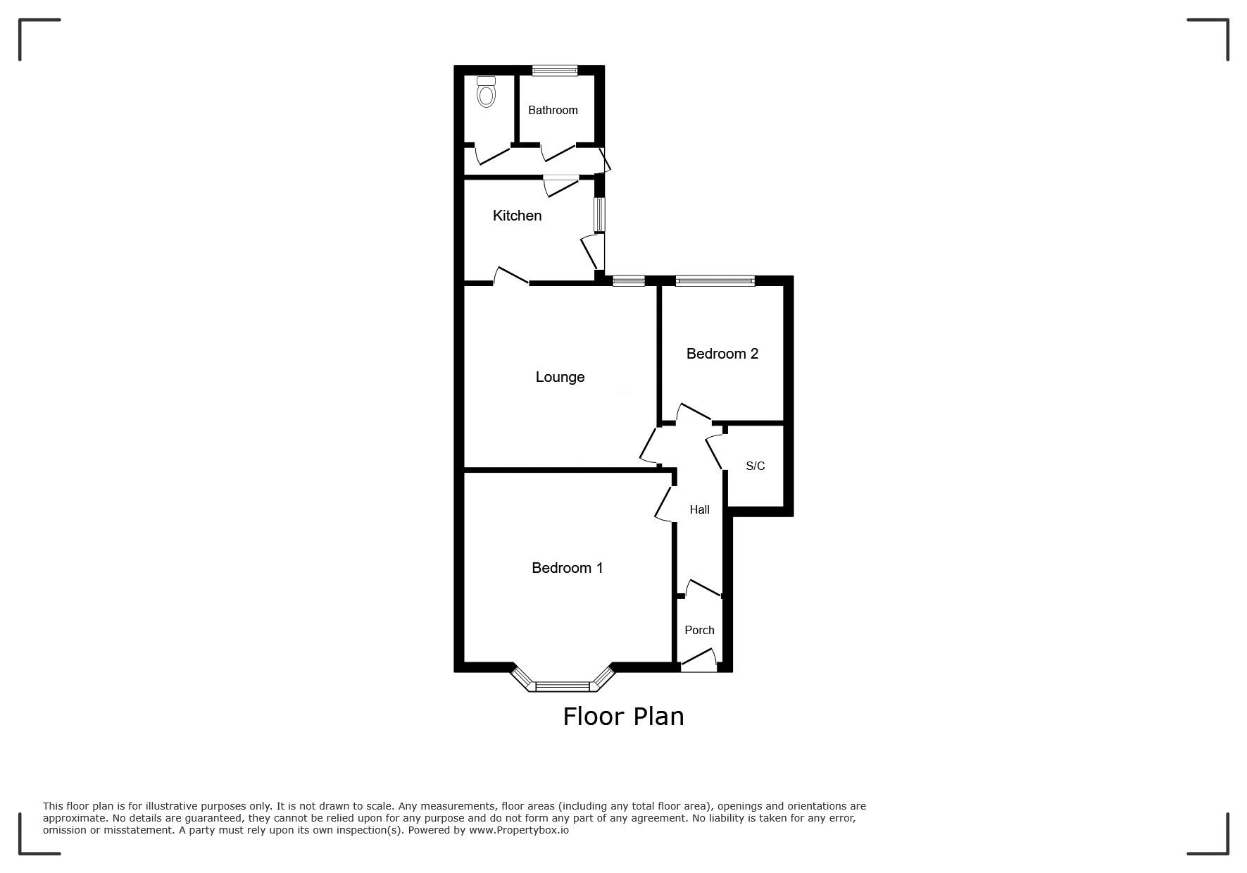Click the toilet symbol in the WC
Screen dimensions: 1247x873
click(486, 92)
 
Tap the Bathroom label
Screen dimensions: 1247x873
click(553, 110)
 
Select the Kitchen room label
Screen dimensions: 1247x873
click(517, 216)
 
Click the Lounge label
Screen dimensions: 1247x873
click(560, 377)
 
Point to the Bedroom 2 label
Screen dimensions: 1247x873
click(722, 354)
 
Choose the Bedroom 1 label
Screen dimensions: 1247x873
click(567, 568)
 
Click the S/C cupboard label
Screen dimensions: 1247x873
click(755, 466)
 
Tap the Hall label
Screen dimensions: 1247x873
click(699, 509)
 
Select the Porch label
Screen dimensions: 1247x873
click(699, 630)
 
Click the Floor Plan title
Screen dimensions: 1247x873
click(623, 717)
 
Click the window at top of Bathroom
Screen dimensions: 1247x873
click(555, 70)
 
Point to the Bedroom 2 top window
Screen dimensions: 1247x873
click(715, 281)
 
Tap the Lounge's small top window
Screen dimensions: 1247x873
click(629, 281)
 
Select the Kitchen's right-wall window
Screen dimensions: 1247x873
click(599, 214)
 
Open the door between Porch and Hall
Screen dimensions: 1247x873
click(703, 589)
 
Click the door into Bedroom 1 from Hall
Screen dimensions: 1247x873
click(664, 503)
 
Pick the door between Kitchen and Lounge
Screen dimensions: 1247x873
click(510, 276)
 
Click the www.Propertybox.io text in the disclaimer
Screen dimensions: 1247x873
click(519, 830)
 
